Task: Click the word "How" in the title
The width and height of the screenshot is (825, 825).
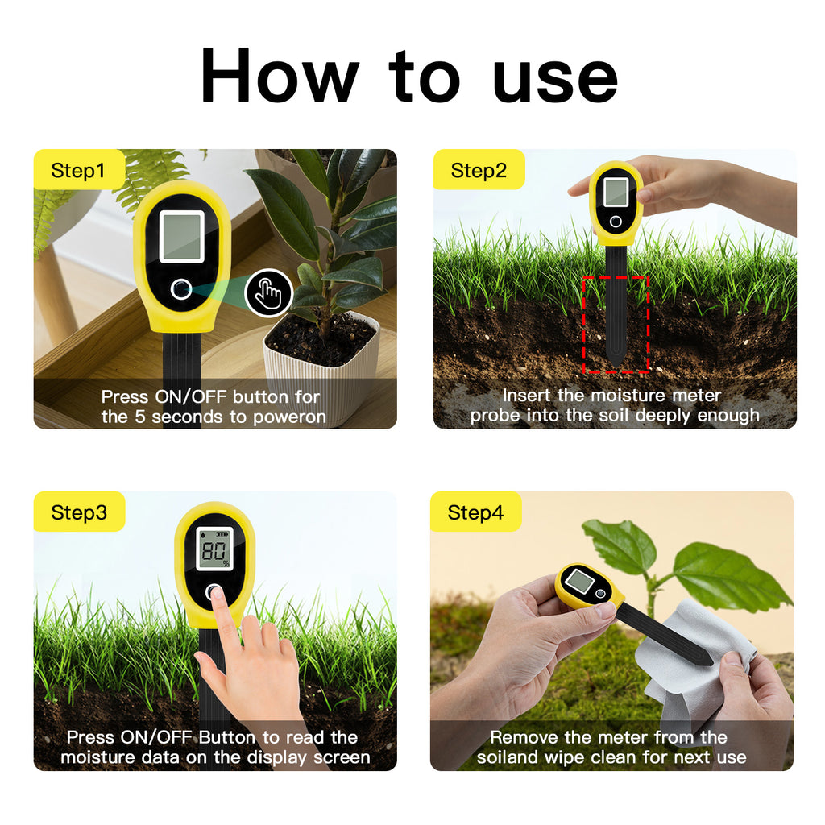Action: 280,75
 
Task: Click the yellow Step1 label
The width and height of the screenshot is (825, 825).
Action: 79,170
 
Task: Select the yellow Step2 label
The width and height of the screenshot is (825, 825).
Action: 479,170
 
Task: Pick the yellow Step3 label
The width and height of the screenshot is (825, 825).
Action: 79,512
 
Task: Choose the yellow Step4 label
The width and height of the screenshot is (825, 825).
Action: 475,512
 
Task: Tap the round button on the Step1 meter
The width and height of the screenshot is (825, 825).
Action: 181,289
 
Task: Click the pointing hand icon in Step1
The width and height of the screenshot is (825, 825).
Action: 268,293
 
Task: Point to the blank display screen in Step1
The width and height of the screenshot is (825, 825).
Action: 181,237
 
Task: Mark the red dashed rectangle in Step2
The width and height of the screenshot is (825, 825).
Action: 616,324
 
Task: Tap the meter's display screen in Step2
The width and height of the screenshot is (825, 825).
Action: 616,192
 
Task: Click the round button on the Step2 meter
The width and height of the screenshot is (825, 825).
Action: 616,222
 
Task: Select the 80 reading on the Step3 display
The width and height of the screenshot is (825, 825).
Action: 214,551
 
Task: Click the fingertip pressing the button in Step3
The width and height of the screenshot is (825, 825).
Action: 217,595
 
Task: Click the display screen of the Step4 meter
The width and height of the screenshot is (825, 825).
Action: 580,581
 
